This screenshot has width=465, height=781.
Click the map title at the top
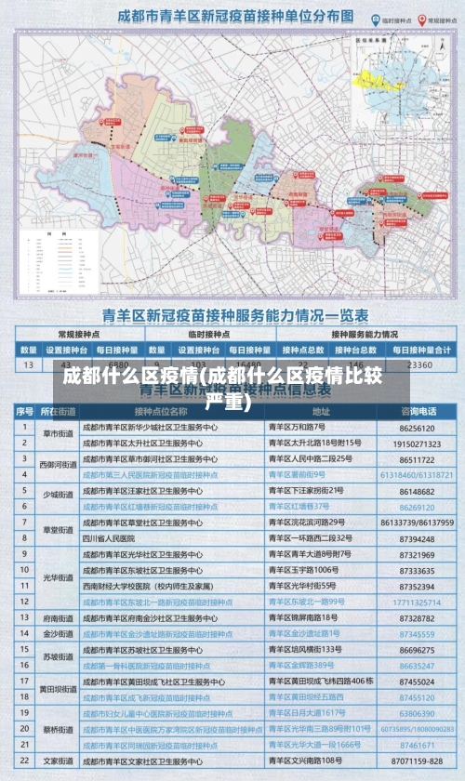[236, 17]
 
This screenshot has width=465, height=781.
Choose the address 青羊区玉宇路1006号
[302, 570]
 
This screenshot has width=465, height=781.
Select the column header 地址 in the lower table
[321, 410]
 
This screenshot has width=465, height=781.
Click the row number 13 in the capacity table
[27, 365]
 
